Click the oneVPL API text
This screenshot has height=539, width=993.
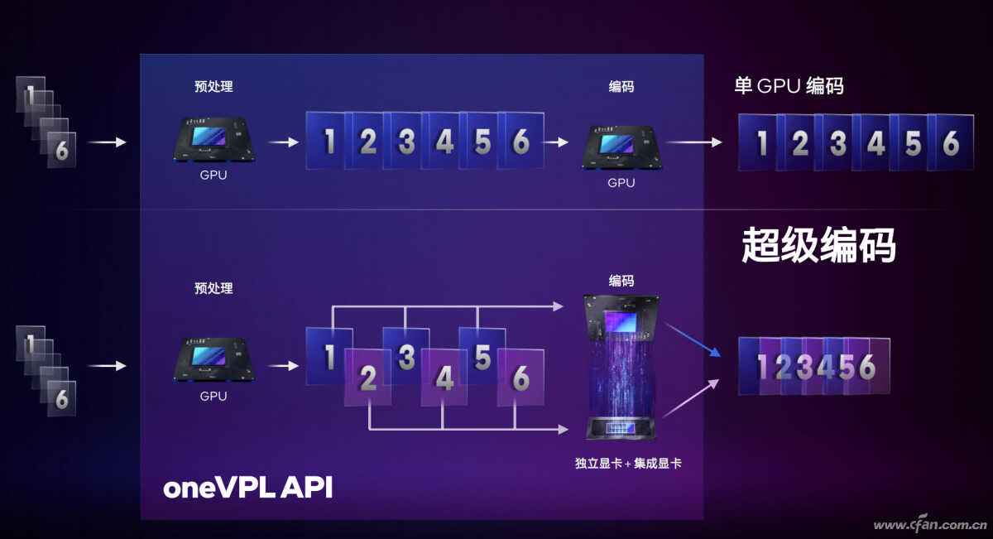pos(247,488)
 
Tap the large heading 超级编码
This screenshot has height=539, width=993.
pos(818,246)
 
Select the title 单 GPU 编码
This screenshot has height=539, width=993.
pos(789,85)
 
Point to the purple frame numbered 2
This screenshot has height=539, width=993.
pos(368,378)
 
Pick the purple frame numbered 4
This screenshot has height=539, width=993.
pos(444,378)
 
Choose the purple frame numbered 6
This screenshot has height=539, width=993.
pos(520,378)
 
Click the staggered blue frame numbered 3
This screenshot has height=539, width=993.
pos(405,357)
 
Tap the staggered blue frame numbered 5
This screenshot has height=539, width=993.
pos(482,357)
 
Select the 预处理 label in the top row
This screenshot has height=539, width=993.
pos(213,86)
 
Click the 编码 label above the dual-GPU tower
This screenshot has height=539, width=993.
pos(621,281)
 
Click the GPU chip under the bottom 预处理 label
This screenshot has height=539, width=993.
pos(213,359)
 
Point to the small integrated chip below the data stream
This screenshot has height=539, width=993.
pos(621,428)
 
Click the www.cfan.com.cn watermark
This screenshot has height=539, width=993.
pos(927,525)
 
